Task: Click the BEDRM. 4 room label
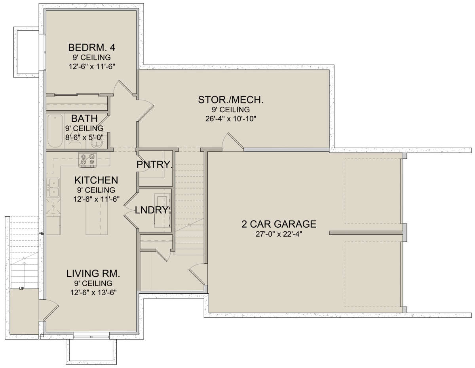pyautogui.click(x=91, y=47)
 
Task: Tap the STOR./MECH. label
pyautogui.click(x=231, y=100)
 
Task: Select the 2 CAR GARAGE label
pyautogui.click(x=279, y=224)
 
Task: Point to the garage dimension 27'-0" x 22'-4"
pyautogui.click(x=279, y=234)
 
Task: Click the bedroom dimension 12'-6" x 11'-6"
pyautogui.click(x=92, y=66)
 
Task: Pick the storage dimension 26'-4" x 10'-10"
pyautogui.click(x=231, y=119)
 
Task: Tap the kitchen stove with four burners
pyautogui.click(x=87, y=160)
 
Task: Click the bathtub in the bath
pyautogui.click(x=55, y=131)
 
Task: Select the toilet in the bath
pyautogui.click(x=74, y=143)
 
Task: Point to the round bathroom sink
pyautogui.click(x=97, y=143)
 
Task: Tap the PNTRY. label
pyautogui.click(x=154, y=164)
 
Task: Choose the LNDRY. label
pyautogui.click(x=152, y=210)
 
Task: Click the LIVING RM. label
pyautogui.click(x=93, y=274)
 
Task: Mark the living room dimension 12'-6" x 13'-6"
pyautogui.click(x=93, y=293)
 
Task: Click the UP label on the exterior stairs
pyautogui.click(x=22, y=289)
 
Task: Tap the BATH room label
pyautogui.click(x=84, y=119)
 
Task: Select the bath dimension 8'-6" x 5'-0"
pyautogui.click(x=84, y=138)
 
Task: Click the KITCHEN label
pyautogui.click(x=96, y=180)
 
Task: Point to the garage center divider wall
pyautogui.click(x=366, y=233)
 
